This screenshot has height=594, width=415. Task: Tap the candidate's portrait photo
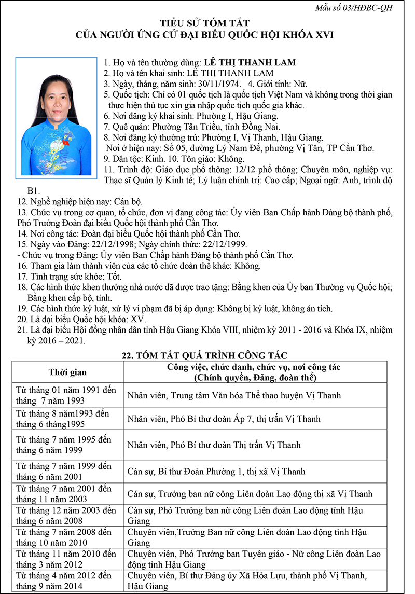point(56,116)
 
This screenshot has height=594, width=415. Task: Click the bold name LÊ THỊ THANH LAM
point(250,62)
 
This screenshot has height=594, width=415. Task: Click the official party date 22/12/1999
point(227,244)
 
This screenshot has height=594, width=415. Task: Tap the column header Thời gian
point(67,372)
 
